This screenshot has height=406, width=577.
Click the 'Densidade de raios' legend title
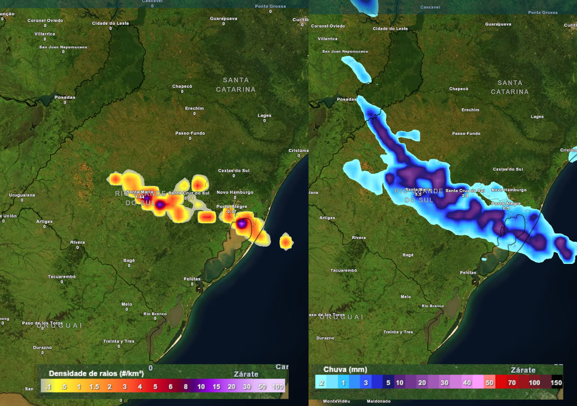point(96,373)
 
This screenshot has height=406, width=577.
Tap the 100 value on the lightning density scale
point(277,387)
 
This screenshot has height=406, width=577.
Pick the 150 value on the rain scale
point(556,383)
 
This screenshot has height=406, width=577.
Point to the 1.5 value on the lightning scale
point(94,387)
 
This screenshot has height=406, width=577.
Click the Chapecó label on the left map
point(182,86)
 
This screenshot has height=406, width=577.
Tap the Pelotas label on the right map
point(468,272)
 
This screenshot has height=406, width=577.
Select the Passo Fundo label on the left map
point(190,133)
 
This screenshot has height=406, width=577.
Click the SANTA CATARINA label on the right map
point(510,87)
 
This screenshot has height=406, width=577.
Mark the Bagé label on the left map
point(129,261)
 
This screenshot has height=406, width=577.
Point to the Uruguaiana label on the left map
point(22,195)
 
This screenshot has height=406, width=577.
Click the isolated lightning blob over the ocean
point(286,241)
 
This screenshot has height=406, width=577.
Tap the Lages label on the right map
point(537,117)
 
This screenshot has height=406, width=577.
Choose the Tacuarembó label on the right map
point(343,270)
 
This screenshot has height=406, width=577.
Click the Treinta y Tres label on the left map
point(119,341)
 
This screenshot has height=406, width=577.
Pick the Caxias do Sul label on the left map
point(234,170)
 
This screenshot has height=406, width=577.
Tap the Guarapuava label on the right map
point(498,24)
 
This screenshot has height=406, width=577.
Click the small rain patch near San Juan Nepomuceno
point(357,68)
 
